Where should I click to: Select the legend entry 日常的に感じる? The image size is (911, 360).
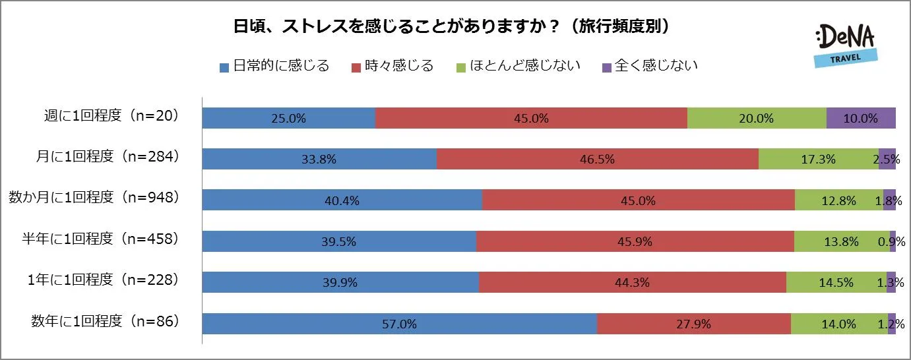click(x=274, y=66)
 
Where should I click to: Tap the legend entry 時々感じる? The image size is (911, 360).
click(x=393, y=66)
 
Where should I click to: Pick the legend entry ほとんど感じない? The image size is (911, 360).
click(x=518, y=66)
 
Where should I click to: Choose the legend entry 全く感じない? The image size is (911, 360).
click(x=650, y=66)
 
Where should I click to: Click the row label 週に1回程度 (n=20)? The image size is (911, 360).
click(x=108, y=117)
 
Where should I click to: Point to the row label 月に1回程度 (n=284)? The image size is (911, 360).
click(x=108, y=158)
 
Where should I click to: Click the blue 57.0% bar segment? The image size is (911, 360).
click(x=399, y=324)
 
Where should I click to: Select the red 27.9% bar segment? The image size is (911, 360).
click(x=694, y=324)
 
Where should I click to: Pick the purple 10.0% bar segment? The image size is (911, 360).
click(x=861, y=118)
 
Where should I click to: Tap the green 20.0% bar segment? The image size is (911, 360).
click(x=757, y=118)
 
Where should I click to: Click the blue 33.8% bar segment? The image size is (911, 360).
click(x=319, y=159)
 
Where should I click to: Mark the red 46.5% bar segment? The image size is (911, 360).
click(x=598, y=159)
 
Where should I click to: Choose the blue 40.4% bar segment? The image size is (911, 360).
click(x=342, y=200)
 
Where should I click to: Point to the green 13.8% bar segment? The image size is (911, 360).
click(x=842, y=241)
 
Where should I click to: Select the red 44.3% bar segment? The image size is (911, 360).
click(x=633, y=282)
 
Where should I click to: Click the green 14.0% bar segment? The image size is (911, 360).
click(x=839, y=324)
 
